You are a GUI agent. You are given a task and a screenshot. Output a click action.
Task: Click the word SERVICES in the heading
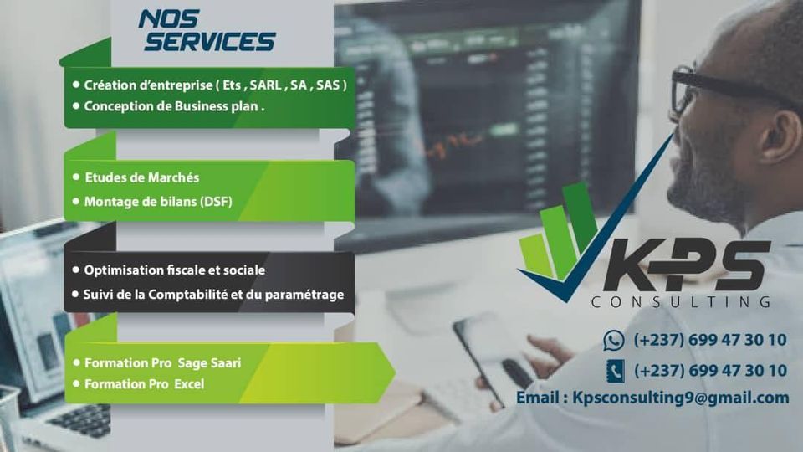[x=209, y=42]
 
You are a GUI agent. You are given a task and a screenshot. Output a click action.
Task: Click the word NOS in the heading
[x=168, y=19]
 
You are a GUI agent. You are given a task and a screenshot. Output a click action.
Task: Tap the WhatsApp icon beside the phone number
[x=613, y=341]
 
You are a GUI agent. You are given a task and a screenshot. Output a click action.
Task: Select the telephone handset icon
[x=615, y=371]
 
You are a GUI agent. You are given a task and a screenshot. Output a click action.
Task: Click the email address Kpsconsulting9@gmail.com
[x=681, y=398]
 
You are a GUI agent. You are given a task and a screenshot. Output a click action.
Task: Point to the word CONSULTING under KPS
[x=681, y=301]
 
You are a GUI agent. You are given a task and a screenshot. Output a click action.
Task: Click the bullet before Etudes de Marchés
[x=76, y=177]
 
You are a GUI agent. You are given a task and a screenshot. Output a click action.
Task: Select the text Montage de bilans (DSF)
[x=158, y=202]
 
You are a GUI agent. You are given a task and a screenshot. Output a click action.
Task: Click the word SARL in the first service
[x=265, y=85]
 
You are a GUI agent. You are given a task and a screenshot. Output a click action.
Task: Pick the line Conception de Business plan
[x=174, y=106]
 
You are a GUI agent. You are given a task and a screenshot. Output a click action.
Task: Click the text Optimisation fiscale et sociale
[x=175, y=270]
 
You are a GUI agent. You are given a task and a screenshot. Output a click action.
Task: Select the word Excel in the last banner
[x=189, y=384]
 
